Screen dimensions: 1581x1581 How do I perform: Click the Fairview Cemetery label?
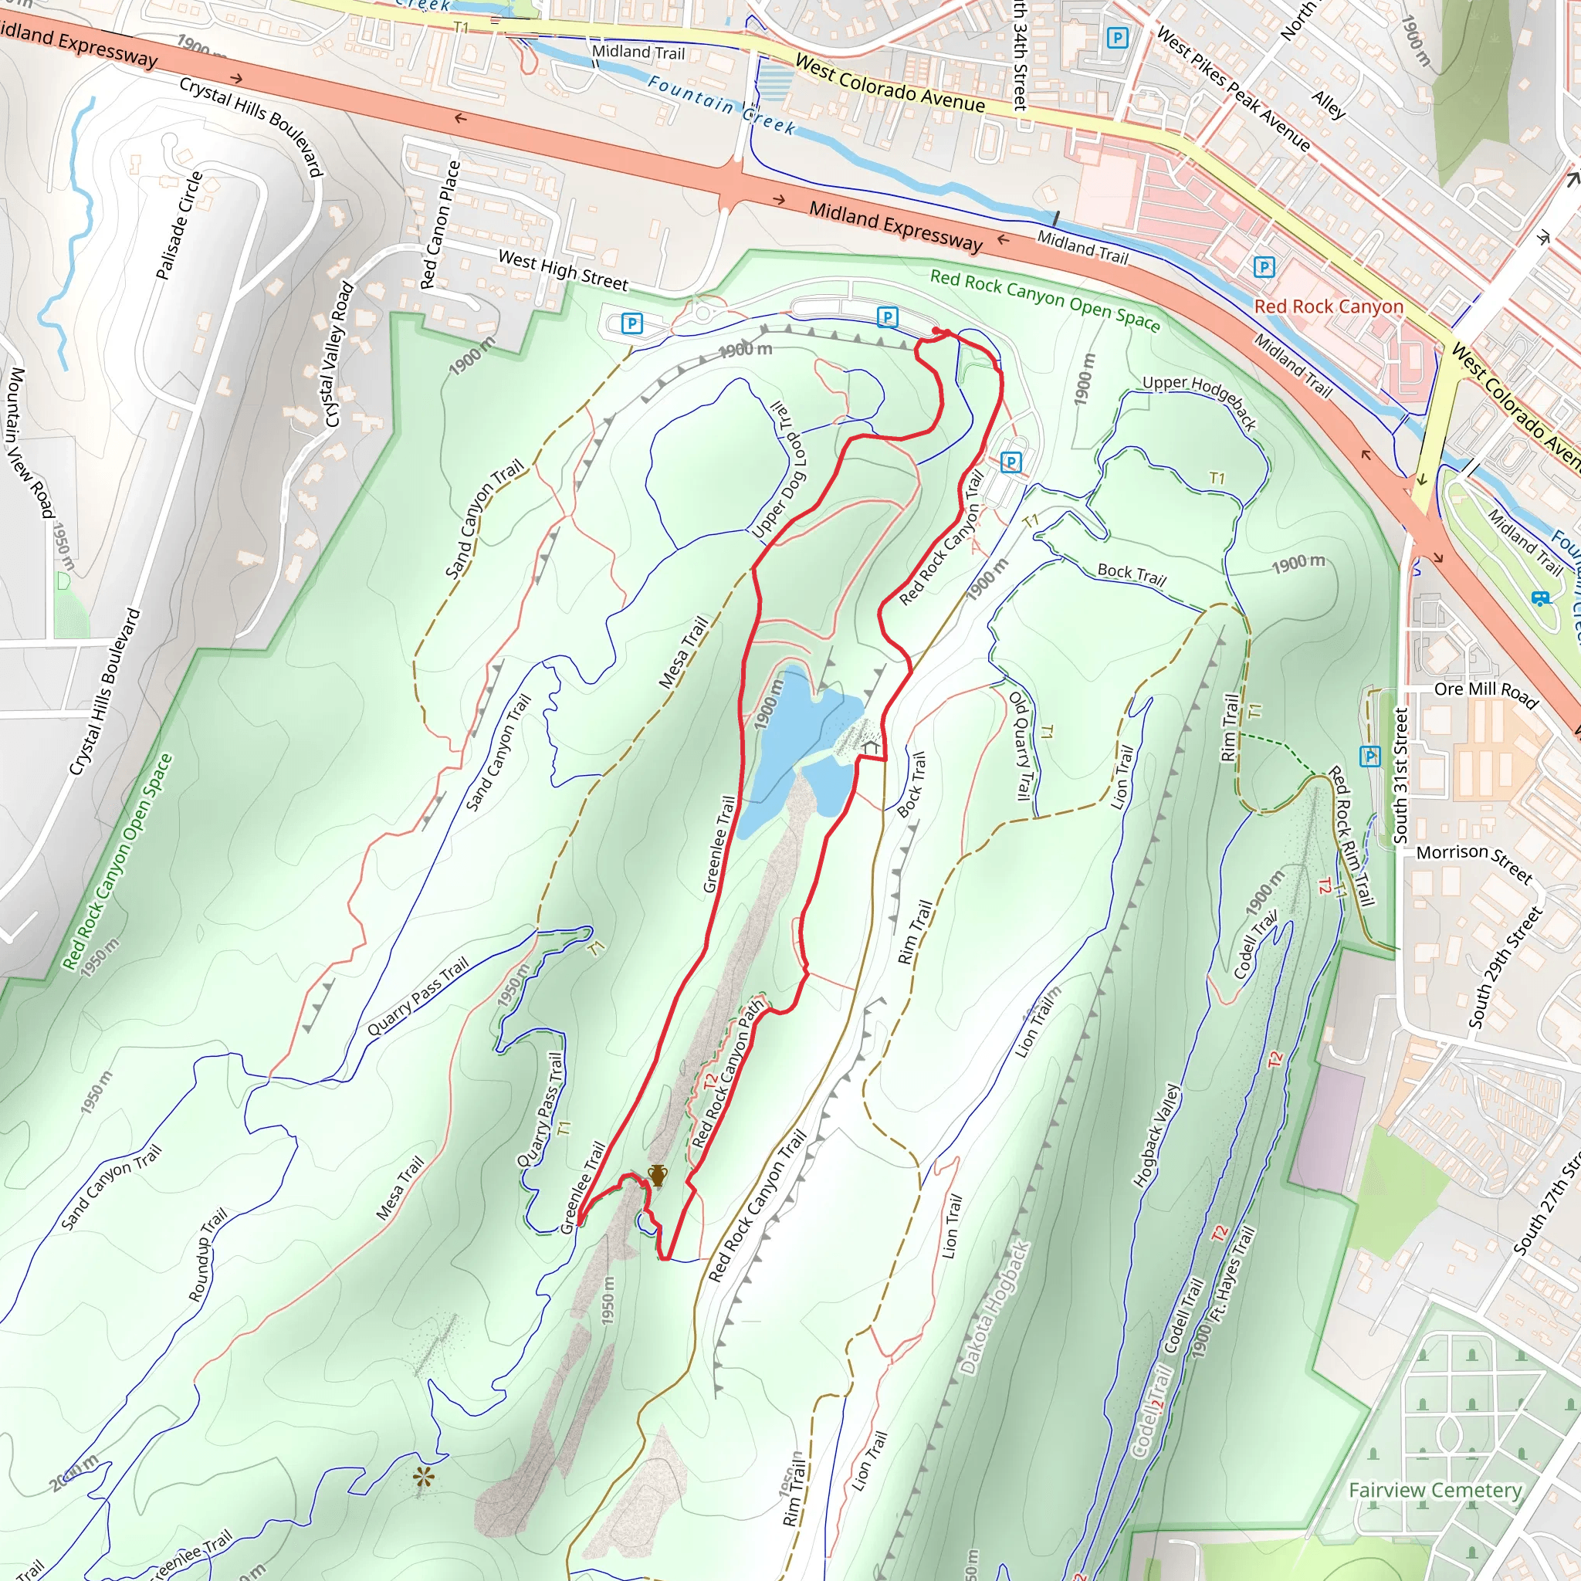[1435, 1490]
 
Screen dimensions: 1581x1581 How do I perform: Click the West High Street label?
[563, 271]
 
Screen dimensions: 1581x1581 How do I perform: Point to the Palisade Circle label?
[178, 226]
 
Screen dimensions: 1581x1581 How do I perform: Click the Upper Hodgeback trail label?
[1199, 400]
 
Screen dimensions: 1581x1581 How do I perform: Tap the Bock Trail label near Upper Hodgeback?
[1132, 574]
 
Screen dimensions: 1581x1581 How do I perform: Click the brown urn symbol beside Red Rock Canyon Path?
[657, 1175]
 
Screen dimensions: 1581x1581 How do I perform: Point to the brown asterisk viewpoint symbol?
[423, 1477]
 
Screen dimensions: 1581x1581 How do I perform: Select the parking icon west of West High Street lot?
[631, 323]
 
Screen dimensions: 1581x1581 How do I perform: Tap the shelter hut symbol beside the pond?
[871, 747]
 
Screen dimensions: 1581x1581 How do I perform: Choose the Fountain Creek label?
[721, 105]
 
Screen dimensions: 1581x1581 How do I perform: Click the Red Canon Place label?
[439, 225]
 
